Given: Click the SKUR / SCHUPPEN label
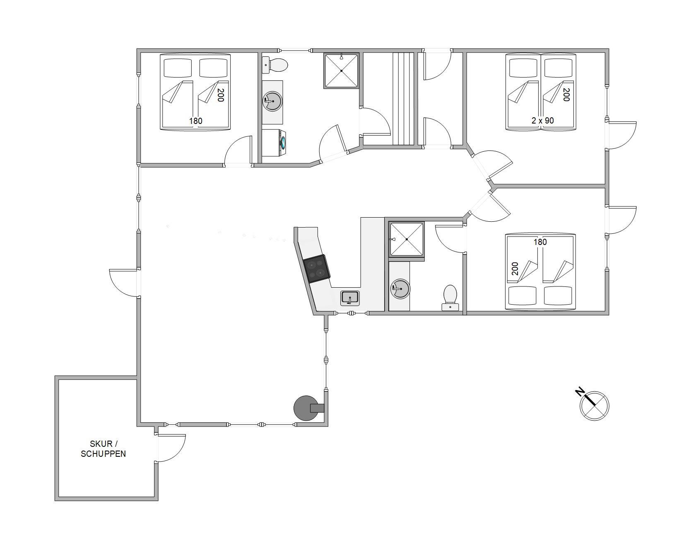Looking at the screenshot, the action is click(x=104, y=449).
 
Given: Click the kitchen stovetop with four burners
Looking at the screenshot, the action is click(x=317, y=269).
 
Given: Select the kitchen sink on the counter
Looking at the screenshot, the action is click(x=350, y=298).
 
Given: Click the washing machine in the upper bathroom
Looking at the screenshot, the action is click(x=273, y=143).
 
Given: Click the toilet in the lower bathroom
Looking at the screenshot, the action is click(x=450, y=298).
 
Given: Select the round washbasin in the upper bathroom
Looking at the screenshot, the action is click(x=272, y=101).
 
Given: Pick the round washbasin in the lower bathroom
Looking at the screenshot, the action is click(x=400, y=288).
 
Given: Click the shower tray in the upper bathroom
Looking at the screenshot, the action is click(x=341, y=71).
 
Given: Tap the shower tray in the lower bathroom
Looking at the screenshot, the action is click(x=407, y=239).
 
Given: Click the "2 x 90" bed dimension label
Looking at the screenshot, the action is click(x=542, y=121).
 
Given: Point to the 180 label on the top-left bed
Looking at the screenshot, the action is click(x=196, y=121).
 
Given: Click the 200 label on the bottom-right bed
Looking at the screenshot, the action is click(x=515, y=269).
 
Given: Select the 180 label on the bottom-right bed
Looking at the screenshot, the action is click(x=540, y=242).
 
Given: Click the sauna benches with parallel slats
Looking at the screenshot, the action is click(x=403, y=99).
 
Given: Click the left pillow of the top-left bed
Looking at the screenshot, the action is click(x=178, y=68).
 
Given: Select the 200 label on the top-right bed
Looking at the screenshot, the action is click(x=566, y=95).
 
